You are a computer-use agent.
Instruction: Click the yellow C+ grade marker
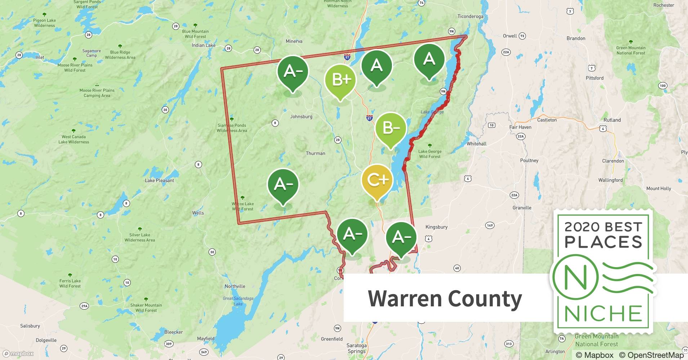tap(377, 180)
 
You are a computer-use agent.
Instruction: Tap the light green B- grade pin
tap(390, 128)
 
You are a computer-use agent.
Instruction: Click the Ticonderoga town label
tap(470, 16)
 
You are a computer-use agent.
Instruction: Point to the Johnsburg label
tap(301, 117)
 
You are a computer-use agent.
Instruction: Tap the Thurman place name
tap(315, 153)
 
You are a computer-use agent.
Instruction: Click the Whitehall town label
tap(476, 144)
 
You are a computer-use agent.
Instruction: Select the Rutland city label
tap(612, 120)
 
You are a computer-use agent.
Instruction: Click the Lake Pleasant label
tap(159, 180)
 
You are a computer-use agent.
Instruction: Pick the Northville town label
tap(235, 286)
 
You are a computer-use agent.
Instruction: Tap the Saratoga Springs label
tap(356, 348)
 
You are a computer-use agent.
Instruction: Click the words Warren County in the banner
tap(444, 298)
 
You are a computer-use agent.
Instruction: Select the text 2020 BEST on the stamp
tap(603, 227)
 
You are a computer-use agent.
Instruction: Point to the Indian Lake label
tap(204, 45)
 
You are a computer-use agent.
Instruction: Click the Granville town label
tap(522, 208)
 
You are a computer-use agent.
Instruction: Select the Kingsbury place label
tap(436, 227)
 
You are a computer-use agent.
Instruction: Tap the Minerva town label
tap(294, 41)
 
